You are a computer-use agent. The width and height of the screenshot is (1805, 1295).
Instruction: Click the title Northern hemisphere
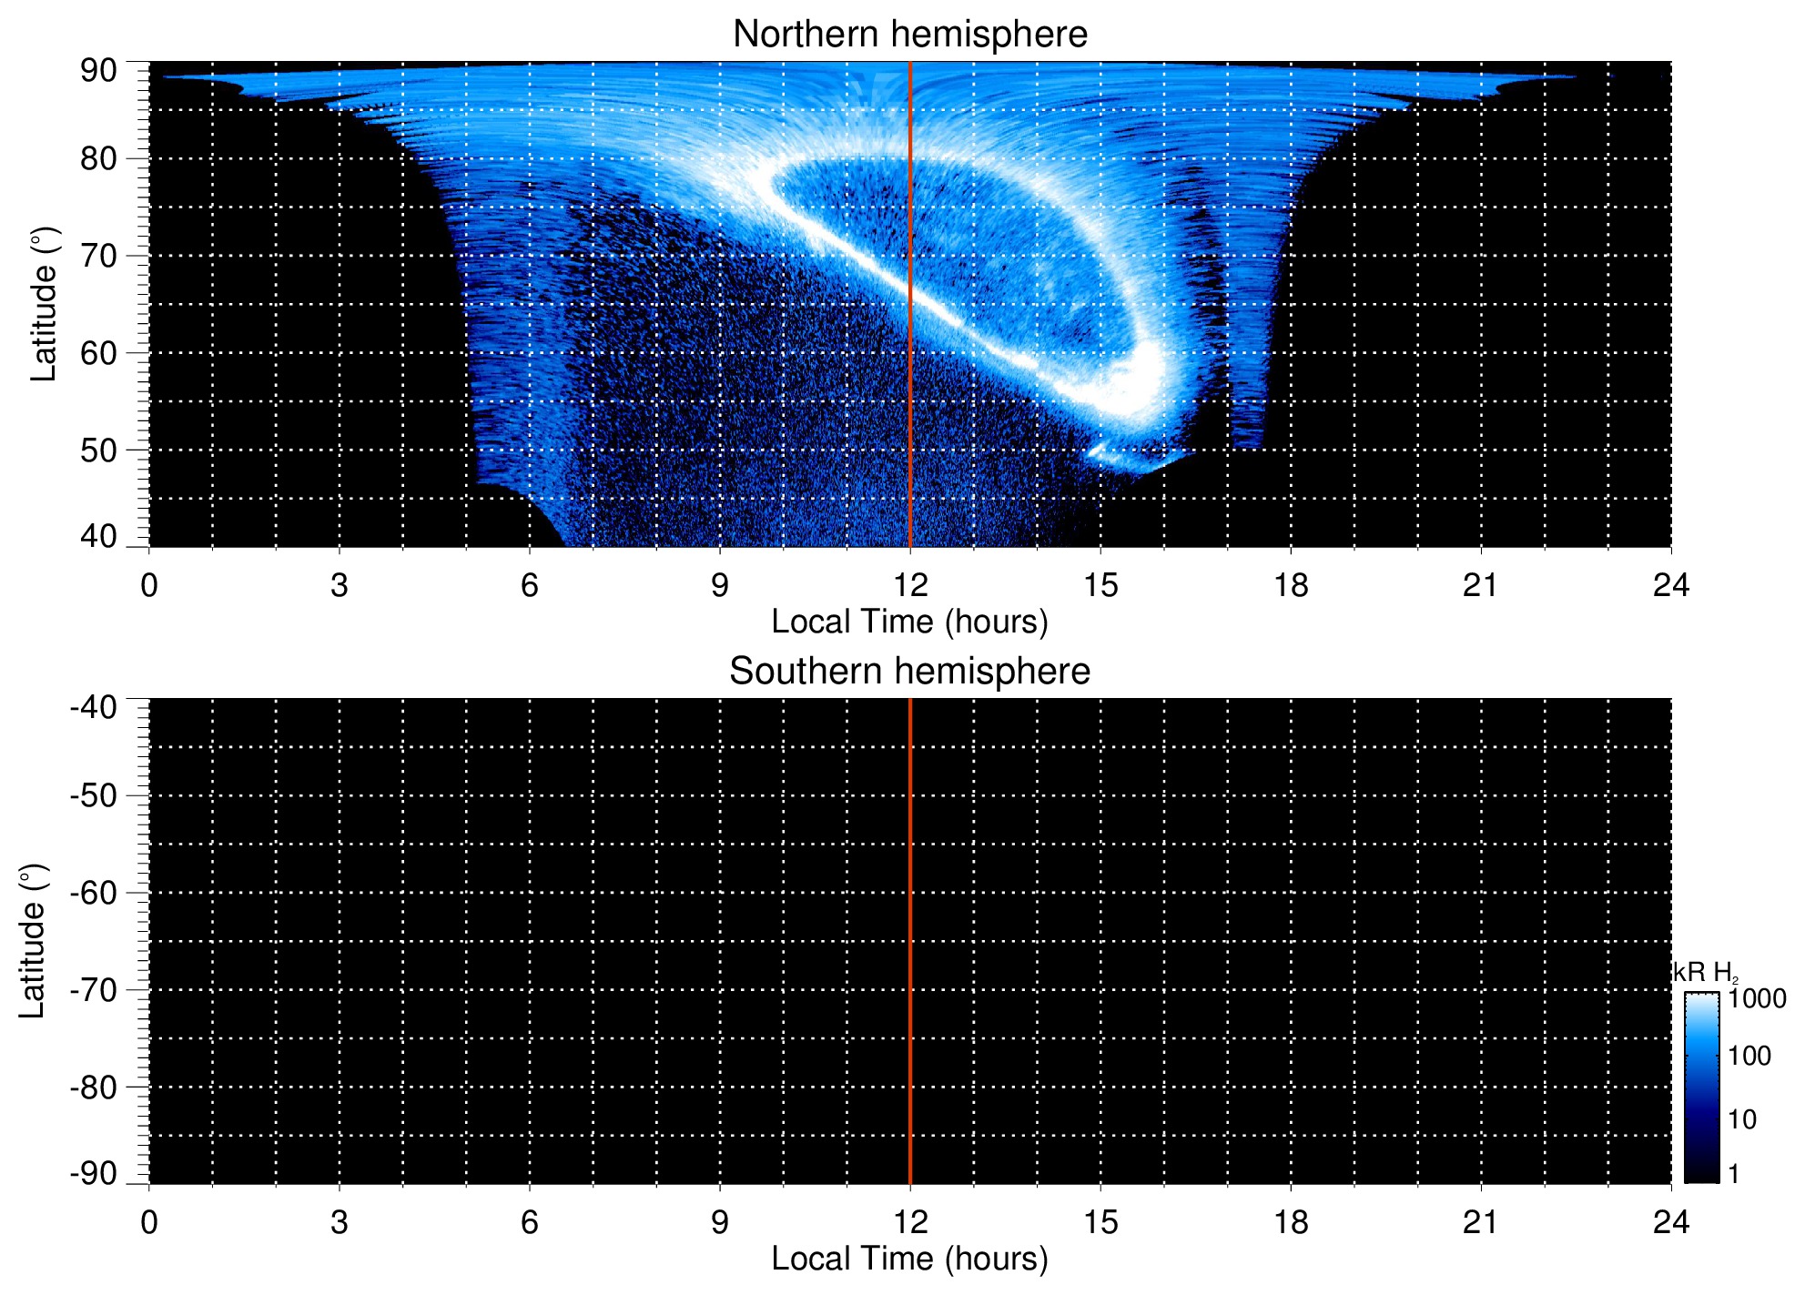pos(909,35)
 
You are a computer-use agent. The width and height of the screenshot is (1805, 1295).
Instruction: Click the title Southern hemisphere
pos(909,672)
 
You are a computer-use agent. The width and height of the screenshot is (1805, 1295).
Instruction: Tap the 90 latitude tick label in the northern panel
pos(98,71)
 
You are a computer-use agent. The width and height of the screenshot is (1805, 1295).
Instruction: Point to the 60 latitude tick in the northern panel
pos(98,353)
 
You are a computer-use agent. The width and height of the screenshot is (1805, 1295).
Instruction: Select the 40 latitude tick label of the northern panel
pos(98,536)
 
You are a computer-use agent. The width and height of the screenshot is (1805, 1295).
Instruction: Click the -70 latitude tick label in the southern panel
pos(94,990)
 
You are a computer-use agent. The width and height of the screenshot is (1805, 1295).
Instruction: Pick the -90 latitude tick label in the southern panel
pos(94,1173)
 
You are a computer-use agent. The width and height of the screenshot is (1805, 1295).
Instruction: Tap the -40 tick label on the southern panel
pos(94,707)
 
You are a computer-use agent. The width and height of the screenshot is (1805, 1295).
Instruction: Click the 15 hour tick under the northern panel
pos(1100,585)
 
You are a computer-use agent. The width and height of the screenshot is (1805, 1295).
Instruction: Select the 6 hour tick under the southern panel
pos(530,1222)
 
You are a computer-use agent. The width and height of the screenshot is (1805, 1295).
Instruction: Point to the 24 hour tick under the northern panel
pos(1670,585)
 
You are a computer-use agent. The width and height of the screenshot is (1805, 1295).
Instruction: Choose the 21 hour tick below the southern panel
pos(1480,1222)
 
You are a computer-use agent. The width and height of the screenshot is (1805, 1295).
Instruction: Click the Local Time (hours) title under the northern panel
pos(909,622)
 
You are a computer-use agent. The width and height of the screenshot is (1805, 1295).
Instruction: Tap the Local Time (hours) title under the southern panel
pos(909,1259)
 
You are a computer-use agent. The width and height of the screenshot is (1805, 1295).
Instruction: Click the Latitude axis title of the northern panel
pos(44,304)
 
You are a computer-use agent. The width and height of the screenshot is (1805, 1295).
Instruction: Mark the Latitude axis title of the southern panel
pos(33,941)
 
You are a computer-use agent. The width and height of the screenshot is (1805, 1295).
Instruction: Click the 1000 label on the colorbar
pos(1757,999)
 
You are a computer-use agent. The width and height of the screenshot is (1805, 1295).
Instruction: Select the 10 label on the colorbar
pos(1742,1119)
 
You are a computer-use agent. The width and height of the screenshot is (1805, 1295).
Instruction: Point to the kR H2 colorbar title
pos(1704,973)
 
